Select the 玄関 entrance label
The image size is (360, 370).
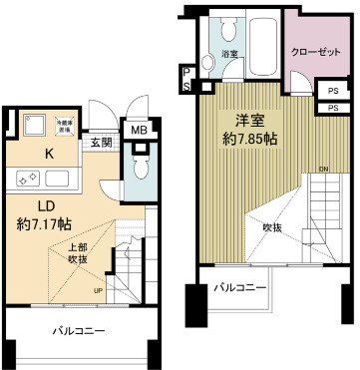102,142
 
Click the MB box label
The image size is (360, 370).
138,129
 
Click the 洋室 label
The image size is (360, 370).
236,117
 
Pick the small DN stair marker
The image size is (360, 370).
324,168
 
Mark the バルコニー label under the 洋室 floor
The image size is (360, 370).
239,288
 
